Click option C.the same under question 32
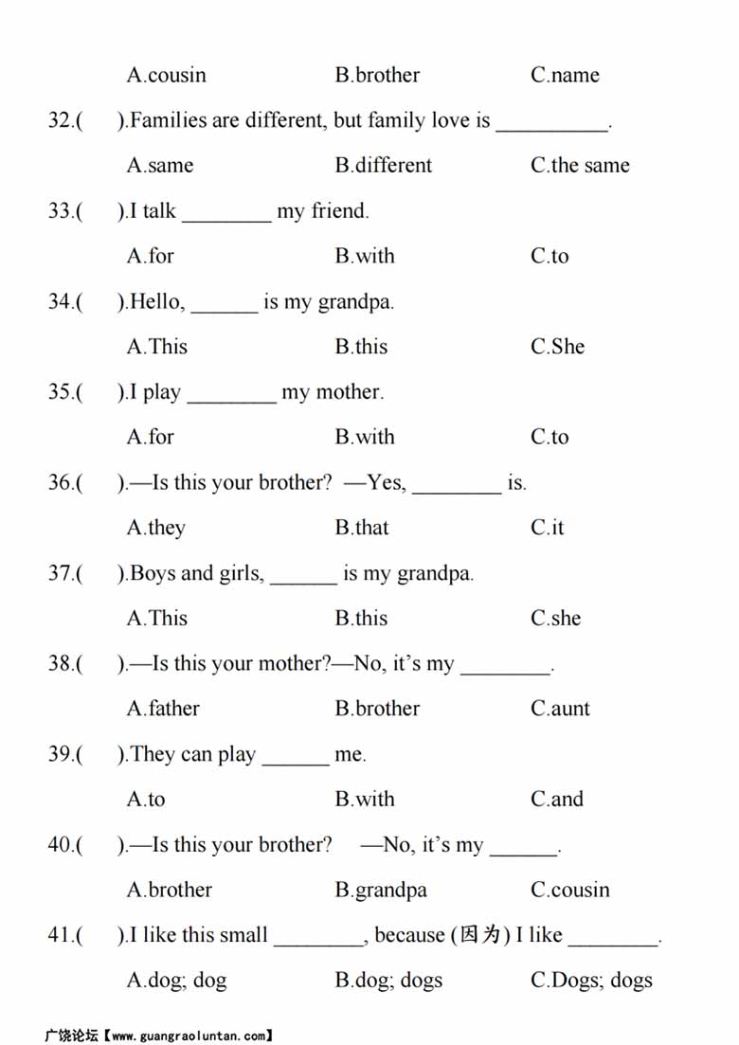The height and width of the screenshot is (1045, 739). (x=580, y=165)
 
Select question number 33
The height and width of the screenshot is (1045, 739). (x=61, y=210)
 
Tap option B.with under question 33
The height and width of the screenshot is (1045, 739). (x=365, y=256)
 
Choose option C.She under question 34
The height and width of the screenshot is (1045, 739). (x=557, y=347)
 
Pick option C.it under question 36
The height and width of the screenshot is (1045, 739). (x=547, y=528)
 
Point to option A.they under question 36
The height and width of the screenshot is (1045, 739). (x=156, y=528)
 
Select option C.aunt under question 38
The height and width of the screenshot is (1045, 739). (x=560, y=709)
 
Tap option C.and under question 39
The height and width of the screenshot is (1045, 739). (x=557, y=800)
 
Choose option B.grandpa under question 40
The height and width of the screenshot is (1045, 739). (x=381, y=891)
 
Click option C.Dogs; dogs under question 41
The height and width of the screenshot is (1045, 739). (x=591, y=981)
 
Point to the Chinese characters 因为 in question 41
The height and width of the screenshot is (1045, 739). (x=479, y=936)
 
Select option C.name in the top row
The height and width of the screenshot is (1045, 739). (x=565, y=75)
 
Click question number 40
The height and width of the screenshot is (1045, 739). (x=61, y=845)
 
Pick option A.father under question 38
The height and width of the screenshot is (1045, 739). (x=164, y=709)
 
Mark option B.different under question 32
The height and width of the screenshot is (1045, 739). (x=383, y=165)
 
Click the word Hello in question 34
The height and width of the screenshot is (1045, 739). (x=154, y=301)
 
